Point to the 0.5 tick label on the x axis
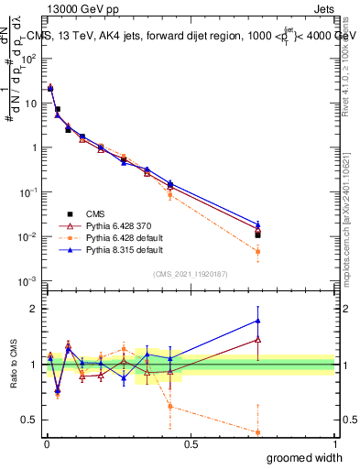coord(191,444)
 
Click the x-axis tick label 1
coord(335,444)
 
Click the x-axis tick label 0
coord(47,444)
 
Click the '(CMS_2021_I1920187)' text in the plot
coord(191,274)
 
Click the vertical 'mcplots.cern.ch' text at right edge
coord(345,229)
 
